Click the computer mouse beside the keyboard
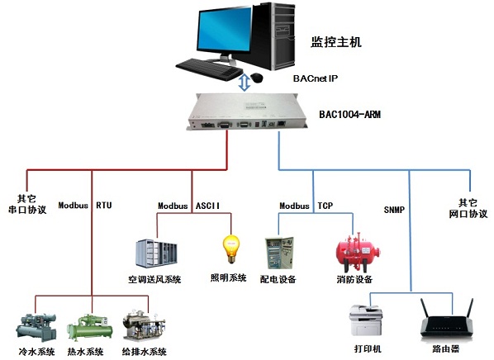click(x=257, y=78)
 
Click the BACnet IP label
click(x=316, y=78)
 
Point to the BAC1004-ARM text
click(x=350, y=114)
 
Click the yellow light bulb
click(x=231, y=249)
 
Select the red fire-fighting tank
click(x=359, y=253)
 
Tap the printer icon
click(x=366, y=320)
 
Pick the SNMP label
click(x=394, y=210)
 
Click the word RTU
click(x=104, y=206)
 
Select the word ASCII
click(x=207, y=206)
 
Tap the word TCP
click(x=325, y=206)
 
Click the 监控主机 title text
click(x=336, y=42)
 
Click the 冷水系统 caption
click(x=37, y=352)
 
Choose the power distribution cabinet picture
click(x=279, y=253)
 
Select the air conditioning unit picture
click(x=156, y=253)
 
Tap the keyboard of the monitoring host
click(x=209, y=69)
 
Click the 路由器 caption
click(x=445, y=348)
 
